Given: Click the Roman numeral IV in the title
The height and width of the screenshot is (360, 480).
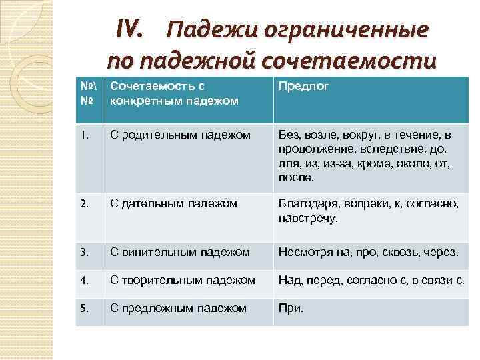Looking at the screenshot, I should (x=129, y=30).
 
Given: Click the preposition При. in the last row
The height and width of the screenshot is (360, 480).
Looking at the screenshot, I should (x=291, y=309).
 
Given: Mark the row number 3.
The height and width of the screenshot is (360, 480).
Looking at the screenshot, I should (x=84, y=252).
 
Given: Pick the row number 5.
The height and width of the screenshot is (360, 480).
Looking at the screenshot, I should (x=84, y=309).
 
